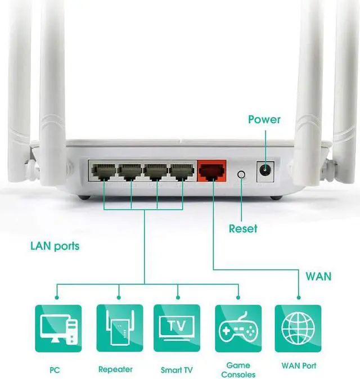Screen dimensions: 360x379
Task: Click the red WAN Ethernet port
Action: tap(212, 171)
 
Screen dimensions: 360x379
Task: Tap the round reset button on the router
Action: tap(241, 174)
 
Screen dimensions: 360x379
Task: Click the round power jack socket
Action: tap(265, 170)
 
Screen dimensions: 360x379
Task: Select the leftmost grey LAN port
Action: tap(103, 172)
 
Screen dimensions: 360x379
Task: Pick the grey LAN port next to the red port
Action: tap(182, 172)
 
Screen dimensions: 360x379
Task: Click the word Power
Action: tap(264, 119)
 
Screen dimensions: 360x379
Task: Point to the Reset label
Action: tap(243, 229)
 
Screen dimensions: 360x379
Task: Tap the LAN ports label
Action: tap(55, 246)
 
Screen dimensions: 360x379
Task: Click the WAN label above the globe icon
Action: tap(318, 277)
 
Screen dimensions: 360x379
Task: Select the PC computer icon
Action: tap(58, 328)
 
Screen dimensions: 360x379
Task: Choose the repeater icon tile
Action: tap(120, 328)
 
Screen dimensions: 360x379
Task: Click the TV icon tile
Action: tap(177, 328)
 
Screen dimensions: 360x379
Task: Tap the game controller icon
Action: tap(238, 328)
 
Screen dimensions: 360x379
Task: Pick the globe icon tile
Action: tap(298, 328)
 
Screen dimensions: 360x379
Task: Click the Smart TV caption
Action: tap(177, 370)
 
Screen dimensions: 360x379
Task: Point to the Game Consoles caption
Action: tap(238, 370)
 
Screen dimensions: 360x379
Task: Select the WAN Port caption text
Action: tap(299, 366)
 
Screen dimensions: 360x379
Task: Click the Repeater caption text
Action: tap(115, 369)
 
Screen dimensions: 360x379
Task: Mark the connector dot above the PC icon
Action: tap(57, 297)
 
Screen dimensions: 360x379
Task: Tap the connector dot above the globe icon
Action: tap(299, 297)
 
